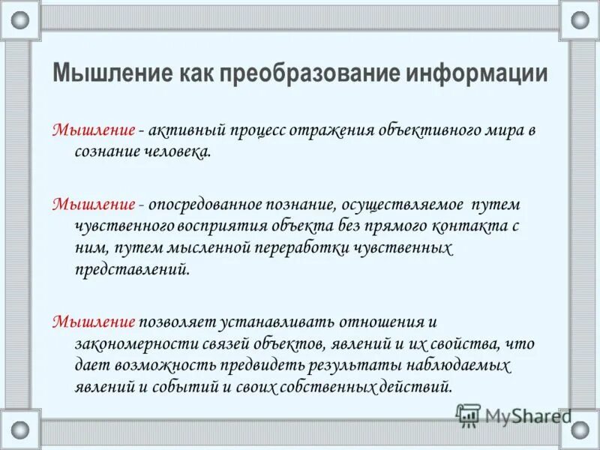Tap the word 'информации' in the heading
pyautogui.click(x=477, y=75)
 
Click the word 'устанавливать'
pyautogui.click(x=277, y=322)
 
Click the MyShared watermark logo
pyautogui.click(x=514, y=415)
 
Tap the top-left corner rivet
pyautogui.click(x=20, y=19)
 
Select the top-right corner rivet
pyautogui.click(x=580, y=19)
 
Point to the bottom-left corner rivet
pyautogui.click(x=20, y=430)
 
